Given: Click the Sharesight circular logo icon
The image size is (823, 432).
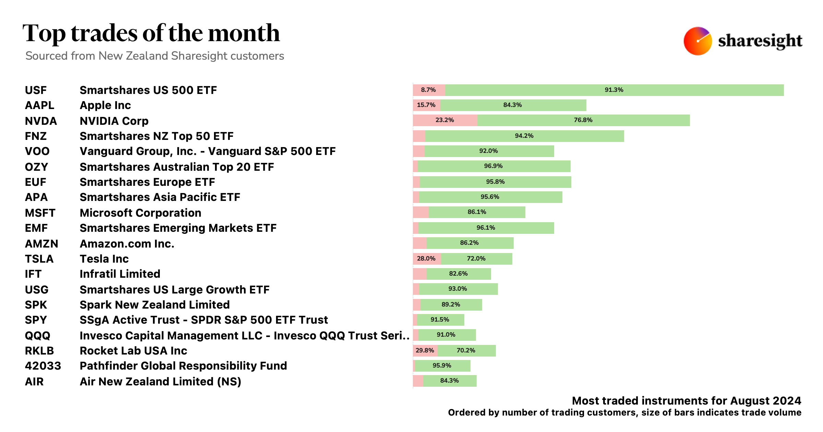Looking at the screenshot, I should pyautogui.click(x=697, y=41).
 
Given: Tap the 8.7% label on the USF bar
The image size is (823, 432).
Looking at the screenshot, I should pyautogui.click(x=428, y=90).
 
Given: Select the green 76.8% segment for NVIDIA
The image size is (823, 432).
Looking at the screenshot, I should pyautogui.click(x=583, y=120).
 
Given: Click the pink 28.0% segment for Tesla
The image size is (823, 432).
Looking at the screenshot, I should pyautogui.click(x=427, y=259).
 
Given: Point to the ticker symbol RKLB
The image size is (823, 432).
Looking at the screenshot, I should pyautogui.click(x=39, y=351).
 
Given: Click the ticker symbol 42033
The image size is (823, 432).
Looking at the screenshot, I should pyautogui.click(x=43, y=366).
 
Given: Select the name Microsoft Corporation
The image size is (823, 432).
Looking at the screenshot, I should pyautogui.click(x=140, y=213).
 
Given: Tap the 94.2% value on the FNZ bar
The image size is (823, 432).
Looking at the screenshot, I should pyautogui.click(x=524, y=136).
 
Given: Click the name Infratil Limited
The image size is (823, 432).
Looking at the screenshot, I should pyautogui.click(x=120, y=274).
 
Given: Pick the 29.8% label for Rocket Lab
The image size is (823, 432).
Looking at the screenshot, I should pyautogui.click(x=425, y=350).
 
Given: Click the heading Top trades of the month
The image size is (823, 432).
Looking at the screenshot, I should pyautogui.click(x=151, y=33).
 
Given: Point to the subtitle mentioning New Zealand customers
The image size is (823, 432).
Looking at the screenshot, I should pyautogui.click(x=155, y=56).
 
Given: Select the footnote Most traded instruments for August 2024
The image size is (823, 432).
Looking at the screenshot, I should pyautogui.click(x=686, y=401).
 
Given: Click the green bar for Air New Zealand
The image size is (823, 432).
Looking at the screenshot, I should pyautogui.click(x=450, y=381).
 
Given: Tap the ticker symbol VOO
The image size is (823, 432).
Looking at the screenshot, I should pyautogui.click(x=37, y=151).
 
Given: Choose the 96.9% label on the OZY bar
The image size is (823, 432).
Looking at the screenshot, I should pyautogui.click(x=493, y=166).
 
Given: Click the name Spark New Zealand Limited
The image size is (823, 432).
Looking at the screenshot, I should pyautogui.click(x=154, y=305).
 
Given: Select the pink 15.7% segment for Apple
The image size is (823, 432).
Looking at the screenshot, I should pyautogui.click(x=426, y=105).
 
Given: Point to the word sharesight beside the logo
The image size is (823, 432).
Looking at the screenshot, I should pyautogui.click(x=760, y=41).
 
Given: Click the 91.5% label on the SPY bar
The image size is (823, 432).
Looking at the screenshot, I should pyautogui.click(x=440, y=320).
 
